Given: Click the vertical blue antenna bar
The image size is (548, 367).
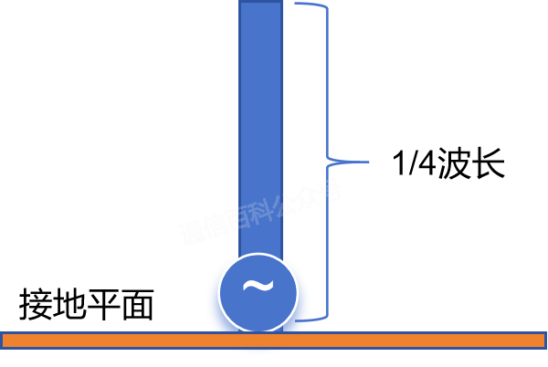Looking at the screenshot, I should coord(260,119).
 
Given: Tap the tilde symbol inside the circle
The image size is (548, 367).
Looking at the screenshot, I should coord(258,287).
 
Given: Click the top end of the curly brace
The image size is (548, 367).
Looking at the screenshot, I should coord(297,4).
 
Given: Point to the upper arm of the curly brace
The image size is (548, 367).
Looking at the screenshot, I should coord(326,82).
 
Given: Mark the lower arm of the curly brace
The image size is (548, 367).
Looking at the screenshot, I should coord(327,242).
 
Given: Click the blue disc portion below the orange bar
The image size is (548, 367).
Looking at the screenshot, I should coord(258,351).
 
